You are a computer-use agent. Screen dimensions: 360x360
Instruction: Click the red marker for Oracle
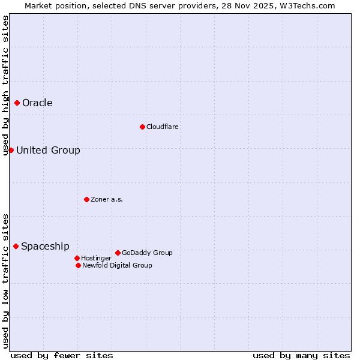coord(17,103)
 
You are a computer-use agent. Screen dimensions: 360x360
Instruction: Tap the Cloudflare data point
coord(142,127)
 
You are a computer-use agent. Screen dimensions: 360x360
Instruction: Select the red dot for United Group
coord(11,150)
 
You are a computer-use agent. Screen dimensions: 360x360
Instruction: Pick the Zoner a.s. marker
coord(86,199)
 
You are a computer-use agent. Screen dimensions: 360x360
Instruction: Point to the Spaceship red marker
coord(16,246)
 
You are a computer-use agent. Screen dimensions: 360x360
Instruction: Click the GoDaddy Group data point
coord(118,253)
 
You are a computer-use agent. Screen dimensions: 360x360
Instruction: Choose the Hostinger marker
coord(77,258)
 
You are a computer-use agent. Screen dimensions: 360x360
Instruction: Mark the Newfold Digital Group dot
coord(79,265)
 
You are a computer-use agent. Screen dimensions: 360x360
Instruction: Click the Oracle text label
coord(37,103)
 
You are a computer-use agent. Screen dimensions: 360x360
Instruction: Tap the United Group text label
coord(48,150)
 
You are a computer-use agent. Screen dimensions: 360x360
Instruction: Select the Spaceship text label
coord(45,246)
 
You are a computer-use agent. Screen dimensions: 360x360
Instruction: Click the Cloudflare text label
coord(163,127)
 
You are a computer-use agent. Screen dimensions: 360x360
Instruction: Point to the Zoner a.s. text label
coord(107,199)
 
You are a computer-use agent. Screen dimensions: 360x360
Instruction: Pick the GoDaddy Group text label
coord(147,253)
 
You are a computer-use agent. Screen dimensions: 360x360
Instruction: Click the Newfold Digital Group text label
coord(117,265)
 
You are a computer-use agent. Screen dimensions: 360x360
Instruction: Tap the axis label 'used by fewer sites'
coord(62,356)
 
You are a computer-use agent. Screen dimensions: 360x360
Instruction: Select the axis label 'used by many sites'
coord(301,356)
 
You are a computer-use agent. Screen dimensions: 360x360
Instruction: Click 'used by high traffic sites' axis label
coord(6,85)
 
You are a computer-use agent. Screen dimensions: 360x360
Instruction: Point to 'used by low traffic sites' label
coord(6,281)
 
